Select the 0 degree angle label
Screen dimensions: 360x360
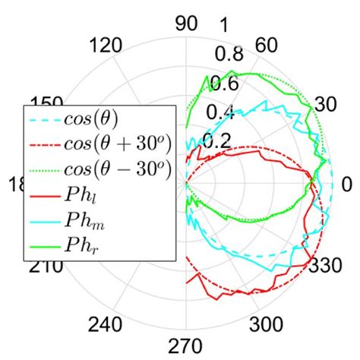pos(347,184)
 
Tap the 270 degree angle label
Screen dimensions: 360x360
pos(186,345)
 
